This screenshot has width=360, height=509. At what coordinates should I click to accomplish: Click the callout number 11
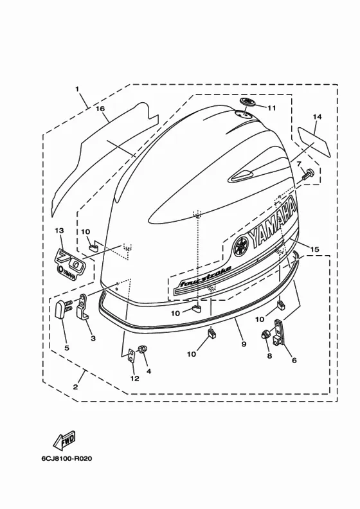click(x=271, y=107)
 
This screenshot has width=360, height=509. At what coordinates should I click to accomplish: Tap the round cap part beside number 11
click(x=248, y=102)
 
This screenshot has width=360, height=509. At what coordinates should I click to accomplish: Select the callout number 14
click(x=317, y=116)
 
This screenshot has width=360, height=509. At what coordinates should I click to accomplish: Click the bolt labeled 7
click(x=308, y=174)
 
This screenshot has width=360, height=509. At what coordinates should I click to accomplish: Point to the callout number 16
click(x=100, y=109)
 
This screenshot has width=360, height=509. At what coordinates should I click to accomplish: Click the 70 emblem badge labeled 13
click(x=70, y=263)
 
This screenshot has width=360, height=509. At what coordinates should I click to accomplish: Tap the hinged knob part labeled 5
click(x=64, y=308)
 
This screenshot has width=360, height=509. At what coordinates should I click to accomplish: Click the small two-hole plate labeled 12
click(x=132, y=355)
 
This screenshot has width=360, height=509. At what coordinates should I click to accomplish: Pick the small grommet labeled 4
click(x=143, y=349)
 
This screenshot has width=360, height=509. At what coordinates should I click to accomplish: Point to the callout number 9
click(x=244, y=344)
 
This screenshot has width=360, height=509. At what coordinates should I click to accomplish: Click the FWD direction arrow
click(x=64, y=440)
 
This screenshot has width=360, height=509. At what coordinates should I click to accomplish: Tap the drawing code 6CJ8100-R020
click(x=67, y=459)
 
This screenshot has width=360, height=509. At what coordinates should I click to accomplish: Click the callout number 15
click(x=314, y=249)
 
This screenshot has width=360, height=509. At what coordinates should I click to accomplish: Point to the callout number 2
click(x=75, y=387)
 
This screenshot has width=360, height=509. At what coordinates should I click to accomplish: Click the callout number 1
click(x=77, y=88)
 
